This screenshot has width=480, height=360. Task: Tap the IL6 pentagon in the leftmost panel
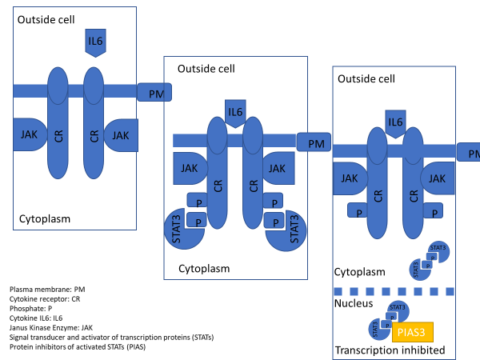tap(95, 42)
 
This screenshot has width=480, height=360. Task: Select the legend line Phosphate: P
tap(30, 307)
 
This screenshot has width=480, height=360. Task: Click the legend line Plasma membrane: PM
tap(43, 288)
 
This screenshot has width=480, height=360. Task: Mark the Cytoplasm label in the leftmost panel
tap(46, 218)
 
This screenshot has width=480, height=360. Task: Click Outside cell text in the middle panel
tap(206, 70)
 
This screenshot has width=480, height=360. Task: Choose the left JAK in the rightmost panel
tap(350, 178)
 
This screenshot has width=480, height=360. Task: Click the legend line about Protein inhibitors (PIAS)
tap(75, 346)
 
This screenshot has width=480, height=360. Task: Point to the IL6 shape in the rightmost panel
tap(395, 122)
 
